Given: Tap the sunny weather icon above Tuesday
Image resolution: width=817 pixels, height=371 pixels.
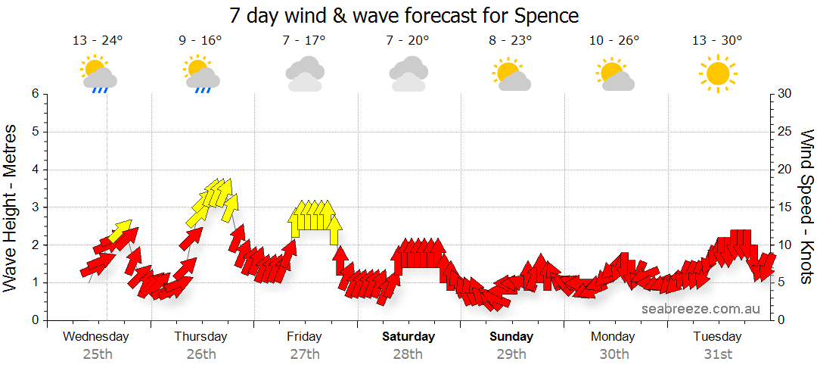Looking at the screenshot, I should pyautogui.click(x=716, y=73).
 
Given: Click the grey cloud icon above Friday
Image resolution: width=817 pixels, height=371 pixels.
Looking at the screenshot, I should pyautogui.click(x=305, y=74).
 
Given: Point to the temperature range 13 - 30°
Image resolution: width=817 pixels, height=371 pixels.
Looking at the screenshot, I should pyautogui.click(x=716, y=41).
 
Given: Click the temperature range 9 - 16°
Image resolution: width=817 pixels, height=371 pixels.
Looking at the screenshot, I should pyautogui.click(x=200, y=41).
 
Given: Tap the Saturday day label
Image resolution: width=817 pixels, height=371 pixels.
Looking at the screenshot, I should pyautogui.click(x=408, y=336).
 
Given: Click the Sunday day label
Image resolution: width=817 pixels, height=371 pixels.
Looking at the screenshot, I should pyautogui.click(x=511, y=336).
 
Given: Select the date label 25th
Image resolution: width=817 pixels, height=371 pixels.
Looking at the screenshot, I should pyautogui.click(x=98, y=354).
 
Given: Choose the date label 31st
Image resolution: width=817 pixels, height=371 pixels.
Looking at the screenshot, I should pyautogui.click(x=717, y=354).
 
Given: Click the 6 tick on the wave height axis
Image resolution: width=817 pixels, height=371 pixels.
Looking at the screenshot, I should pyautogui.click(x=35, y=94).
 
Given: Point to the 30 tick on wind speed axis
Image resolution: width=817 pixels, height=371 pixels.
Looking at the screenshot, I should pyautogui.click(x=785, y=94).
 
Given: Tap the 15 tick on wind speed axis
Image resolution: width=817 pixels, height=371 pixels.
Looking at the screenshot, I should pyautogui.click(x=785, y=207).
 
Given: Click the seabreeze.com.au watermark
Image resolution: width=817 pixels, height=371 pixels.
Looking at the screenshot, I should pyautogui.click(x=701, y=309).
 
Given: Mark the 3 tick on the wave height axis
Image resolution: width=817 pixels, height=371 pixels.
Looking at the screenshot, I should pyautogui.click(x=35, y=207).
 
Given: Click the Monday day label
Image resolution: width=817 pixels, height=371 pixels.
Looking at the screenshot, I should pyautogui.click(x=614, y=336).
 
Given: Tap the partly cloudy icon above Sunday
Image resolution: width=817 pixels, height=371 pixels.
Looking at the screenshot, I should pyautogui.click(x=511, y=74).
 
